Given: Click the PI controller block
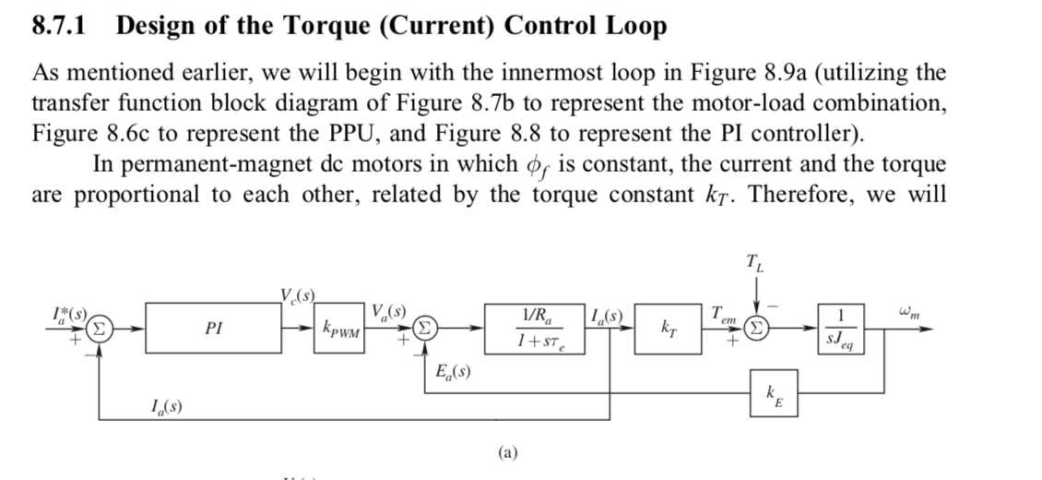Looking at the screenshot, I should [213, 328].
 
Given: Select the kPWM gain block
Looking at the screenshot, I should [341, 328].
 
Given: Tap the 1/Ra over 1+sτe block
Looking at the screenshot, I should [537, 328].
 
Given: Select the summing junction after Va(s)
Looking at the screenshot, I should [423, 328].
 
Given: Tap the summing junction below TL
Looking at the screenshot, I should [756, 328].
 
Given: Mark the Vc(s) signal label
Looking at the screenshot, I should [297, 297].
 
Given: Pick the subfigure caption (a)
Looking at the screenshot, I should [506, 452].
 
